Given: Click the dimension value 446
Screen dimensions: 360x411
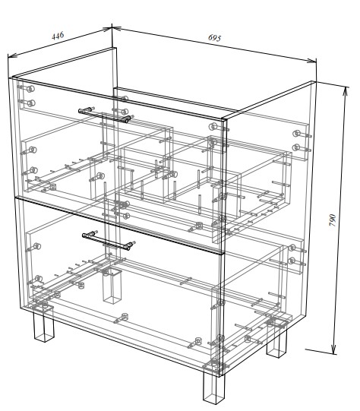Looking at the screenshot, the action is [58, 36].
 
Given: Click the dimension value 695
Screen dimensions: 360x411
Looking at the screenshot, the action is [215, 38].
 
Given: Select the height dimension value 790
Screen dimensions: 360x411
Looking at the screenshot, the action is [332, 220].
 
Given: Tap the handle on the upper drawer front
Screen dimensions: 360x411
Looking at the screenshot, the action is [105, 115].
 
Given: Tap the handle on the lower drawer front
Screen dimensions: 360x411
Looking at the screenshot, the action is [108, 241].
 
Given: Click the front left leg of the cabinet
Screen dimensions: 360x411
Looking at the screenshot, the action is [43, 325].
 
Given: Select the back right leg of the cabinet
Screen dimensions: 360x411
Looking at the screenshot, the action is [276, 341].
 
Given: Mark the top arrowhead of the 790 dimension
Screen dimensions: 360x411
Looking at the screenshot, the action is [346, 91].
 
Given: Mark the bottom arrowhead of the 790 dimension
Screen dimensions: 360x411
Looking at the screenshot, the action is [333, 349].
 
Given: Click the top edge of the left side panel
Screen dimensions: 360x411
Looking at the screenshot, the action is [63, 62].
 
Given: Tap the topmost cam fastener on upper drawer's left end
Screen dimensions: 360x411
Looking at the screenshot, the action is [30, 89].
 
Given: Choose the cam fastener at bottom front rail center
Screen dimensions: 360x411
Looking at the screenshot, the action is [125, 317].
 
